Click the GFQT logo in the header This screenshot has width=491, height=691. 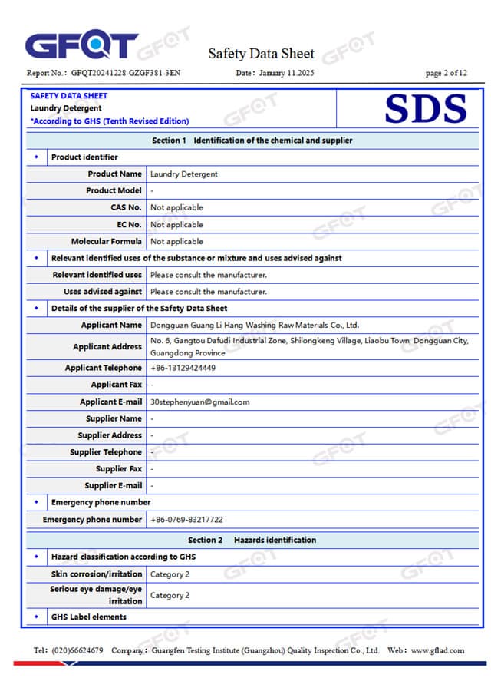pyautogui.click(x=81, y=46)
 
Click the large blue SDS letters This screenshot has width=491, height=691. pyautogui.click(x=425, y=109)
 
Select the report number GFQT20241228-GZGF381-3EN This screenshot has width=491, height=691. pyautogui.click(x=126, y=74)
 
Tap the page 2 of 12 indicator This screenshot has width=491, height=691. pyautogui.click(x=446, y=74)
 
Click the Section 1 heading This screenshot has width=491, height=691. pyautogui.click(x=252, y=141)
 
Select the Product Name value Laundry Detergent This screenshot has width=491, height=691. pyautogui.click(x=184, y=174)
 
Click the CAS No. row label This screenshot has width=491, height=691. pyautogui.click(x=126, y=207)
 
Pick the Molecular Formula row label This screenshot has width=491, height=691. pyautogui.click(x=107, y=241)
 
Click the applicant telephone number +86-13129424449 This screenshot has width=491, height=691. pyautogui.click(x=183, y=368)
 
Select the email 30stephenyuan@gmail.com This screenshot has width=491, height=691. pyautogui.click(x=199, y=402)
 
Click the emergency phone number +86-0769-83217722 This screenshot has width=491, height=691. pyautogui.click(x=186, y=520)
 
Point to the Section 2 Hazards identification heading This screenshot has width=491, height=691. pyautogui.click(x=252, y=541)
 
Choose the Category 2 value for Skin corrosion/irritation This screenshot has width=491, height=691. pyautogui.click(x=170, y=574)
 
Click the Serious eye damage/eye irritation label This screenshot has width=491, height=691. pyautogui.click(x=96, y=595)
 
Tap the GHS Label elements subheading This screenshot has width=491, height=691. pyautogui.click(x=88, y=617)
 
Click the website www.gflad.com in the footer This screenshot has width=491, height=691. pyautogui.click(x=437, y=650)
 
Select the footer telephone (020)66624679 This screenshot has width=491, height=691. pyautogui.click(x=77, y=650)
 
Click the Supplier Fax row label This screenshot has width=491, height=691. pyautogui.click(x=119, y=469)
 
